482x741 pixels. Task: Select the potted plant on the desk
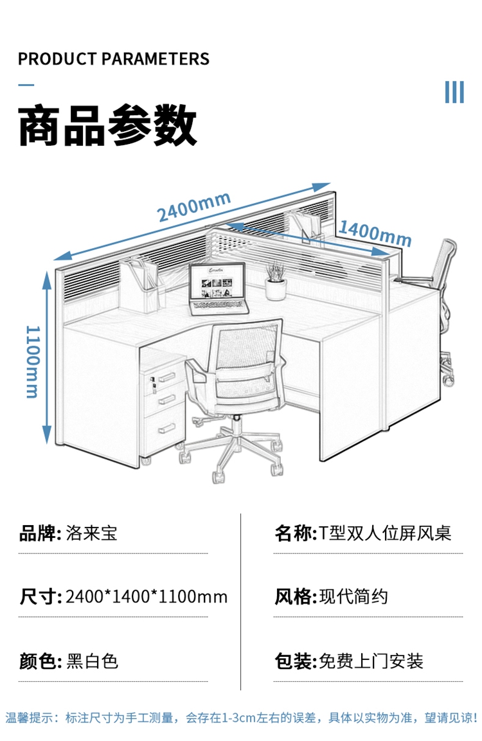pos(276,281)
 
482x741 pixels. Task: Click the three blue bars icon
pos(454,92)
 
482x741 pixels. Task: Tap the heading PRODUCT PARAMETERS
pos(114,59)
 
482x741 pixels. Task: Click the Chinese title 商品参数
pos(107,125)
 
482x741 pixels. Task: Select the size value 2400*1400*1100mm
pos(147,597)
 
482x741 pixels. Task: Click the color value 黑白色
pos(93,661)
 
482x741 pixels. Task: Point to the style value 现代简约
pos(353,597)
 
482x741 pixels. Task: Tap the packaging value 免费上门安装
pos(371,661)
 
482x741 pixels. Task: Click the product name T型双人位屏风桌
pos(385,533)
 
